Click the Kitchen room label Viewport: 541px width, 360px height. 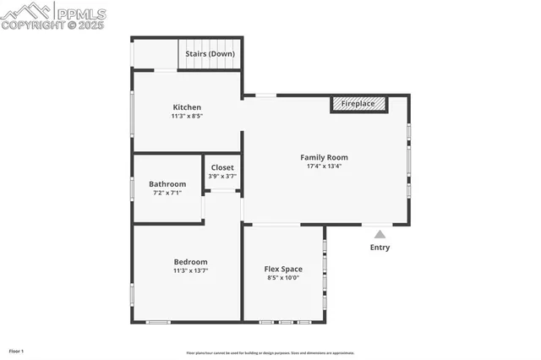(187, 107)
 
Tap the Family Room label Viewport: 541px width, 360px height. (324, 157)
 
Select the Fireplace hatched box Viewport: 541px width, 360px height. (358, 104)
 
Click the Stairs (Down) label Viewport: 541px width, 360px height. (210, 53)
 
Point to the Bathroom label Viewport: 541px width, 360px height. (167, 184)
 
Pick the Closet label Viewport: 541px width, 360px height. (222, 167)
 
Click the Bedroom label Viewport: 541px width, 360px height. (190, 262)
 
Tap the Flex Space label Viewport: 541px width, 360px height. (283, 270)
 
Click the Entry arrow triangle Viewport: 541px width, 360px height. (380, 234)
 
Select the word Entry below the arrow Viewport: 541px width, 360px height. (380, 248)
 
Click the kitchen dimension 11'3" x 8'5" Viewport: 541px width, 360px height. (187, 116)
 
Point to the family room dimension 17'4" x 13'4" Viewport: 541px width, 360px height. (324, 166)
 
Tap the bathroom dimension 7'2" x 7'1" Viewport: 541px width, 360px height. (167, 193)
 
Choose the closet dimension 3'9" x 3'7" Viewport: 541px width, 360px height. (222, 176)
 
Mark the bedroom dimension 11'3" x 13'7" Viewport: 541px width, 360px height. (190, 271)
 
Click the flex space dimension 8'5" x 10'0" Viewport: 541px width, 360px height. (283, 278)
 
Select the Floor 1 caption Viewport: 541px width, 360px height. (16, 351)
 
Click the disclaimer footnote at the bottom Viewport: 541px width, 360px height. (270, 353)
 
